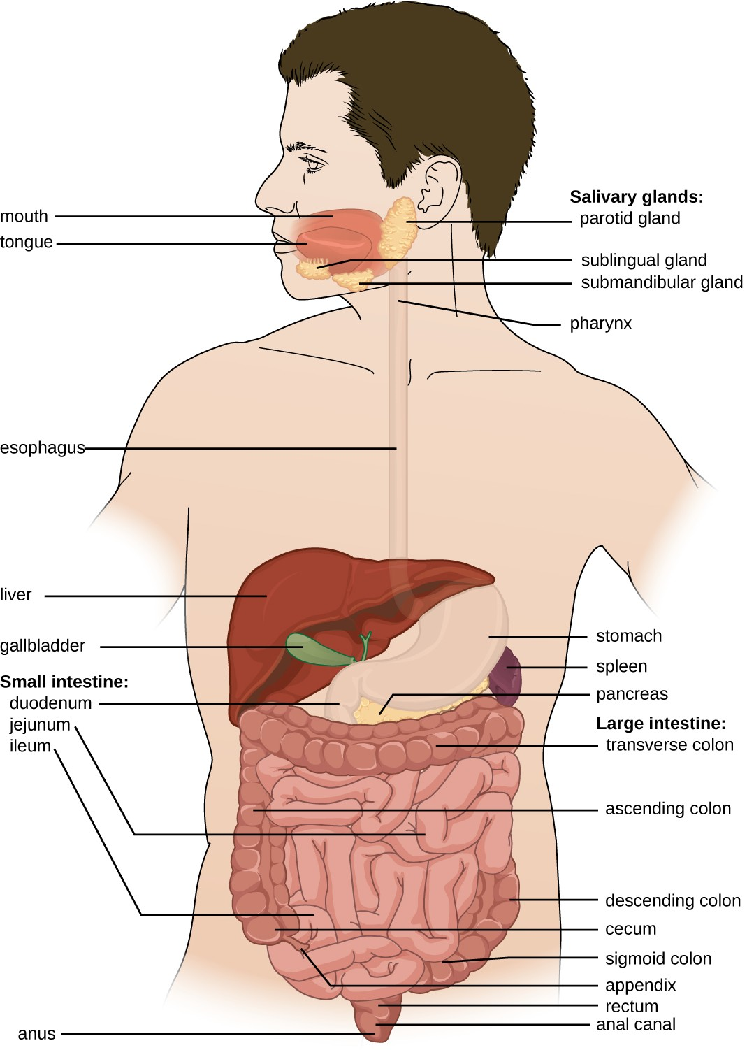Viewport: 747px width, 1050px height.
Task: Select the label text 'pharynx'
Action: coord(600,324)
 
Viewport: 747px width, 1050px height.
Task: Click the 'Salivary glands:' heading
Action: coord(637,197)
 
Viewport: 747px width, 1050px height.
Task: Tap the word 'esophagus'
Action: coord(42,449)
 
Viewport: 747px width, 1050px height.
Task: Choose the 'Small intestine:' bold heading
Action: coord(64,682)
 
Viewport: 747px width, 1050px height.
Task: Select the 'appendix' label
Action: coord(640,986)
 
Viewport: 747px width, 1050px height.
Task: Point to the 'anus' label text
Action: coord(36,1033)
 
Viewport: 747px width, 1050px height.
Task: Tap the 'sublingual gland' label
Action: coord(644,260)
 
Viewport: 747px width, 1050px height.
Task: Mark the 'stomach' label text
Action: coord(629,636)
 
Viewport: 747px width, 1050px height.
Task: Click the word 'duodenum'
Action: coord(50,703)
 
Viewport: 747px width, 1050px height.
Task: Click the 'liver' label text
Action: coord(15,594)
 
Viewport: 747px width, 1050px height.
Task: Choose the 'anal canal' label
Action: coord(635,1025)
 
